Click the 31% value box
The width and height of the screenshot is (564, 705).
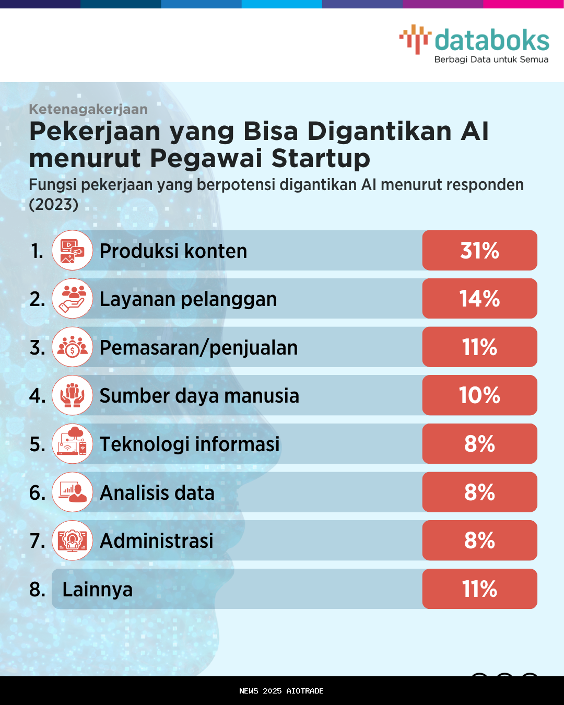(479, 251)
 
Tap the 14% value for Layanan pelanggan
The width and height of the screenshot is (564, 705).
(479, 299)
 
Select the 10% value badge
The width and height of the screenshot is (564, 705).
(479, 395)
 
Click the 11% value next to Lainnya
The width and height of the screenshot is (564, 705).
(479, 589)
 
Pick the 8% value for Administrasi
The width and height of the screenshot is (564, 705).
(479, 540)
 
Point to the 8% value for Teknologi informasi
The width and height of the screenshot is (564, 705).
(479, 444)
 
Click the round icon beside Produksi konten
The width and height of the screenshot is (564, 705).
(72, 251)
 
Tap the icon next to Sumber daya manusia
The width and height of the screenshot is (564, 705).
(72, 395)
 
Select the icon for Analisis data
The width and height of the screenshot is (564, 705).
(72, 492)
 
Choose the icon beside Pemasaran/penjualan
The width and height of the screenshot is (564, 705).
(72, 347)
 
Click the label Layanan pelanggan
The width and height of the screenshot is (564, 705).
(188, 299)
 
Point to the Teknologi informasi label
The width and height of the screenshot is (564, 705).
(190, 444)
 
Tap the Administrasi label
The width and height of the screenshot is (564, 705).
(157, 541)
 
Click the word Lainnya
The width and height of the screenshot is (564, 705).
(98, 590)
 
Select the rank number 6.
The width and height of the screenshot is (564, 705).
(37, 492)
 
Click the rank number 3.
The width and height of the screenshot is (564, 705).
(37, 347)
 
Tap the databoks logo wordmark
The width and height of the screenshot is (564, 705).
(491, 41)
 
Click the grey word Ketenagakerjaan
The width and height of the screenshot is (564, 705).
(88, 109)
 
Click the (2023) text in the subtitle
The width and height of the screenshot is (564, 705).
(54, 204)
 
